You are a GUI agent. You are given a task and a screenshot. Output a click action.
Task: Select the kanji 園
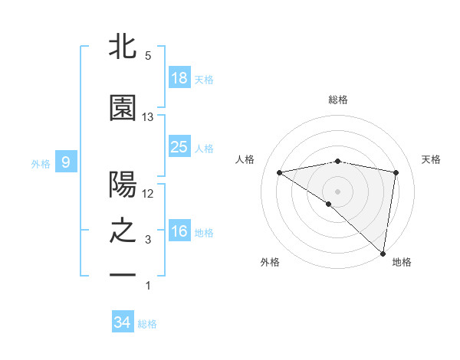click(123, 109)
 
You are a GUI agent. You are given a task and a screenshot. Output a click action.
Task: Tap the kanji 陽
click(123, 185)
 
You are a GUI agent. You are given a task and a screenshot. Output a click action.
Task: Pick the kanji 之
click(123, 231)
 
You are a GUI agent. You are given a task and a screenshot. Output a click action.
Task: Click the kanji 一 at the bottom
click(123, 274)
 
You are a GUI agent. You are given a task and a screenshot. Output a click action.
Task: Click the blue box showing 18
click(179, 79)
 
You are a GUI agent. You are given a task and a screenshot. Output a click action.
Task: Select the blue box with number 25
click(179, 147)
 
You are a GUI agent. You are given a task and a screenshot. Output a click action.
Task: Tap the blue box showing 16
click(179, 231)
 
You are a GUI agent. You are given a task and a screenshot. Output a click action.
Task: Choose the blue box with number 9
click(67, 162)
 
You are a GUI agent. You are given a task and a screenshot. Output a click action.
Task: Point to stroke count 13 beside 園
click(148, 117)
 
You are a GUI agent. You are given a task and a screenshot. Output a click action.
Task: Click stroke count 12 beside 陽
click(148, 194)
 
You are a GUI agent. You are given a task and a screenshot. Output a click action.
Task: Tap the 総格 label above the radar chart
click(338, 100)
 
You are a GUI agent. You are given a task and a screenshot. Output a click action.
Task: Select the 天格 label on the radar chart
click(432, 159)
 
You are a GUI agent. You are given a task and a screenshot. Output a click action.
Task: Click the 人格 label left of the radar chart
click(245, 159)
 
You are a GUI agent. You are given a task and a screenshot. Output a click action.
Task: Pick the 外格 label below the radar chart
click(270, 262)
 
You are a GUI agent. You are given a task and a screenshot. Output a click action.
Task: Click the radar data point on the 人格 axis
click(280, 172)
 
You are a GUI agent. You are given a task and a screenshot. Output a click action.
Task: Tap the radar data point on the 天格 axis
click(396, 172)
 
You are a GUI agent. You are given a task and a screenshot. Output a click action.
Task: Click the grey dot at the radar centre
click(338, 190)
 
